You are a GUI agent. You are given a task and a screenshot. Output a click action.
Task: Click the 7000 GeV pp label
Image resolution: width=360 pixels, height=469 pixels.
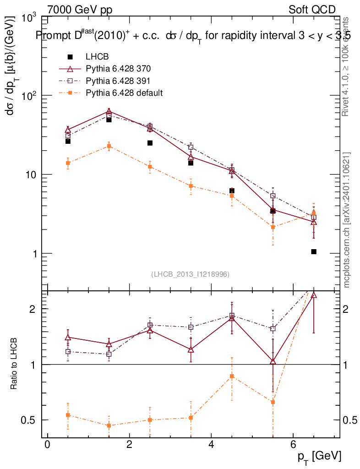click(x=80, y=10)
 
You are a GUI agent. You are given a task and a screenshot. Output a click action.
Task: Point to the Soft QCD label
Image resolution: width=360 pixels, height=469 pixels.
click(x=312, y=10)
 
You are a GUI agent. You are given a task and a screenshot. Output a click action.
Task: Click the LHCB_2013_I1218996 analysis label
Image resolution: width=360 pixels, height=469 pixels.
click(x=190, y=274)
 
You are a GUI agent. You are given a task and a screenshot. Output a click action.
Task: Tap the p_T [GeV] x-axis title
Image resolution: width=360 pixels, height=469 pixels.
click(x=319, y=456)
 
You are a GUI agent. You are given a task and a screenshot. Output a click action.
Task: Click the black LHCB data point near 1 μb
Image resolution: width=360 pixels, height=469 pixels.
click(x=314, y=251)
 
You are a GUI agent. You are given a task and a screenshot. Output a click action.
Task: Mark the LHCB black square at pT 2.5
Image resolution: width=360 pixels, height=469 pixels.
click(x=150, y=143)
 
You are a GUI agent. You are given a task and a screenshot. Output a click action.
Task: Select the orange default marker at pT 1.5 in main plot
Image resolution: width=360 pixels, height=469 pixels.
click(x=109, y=146)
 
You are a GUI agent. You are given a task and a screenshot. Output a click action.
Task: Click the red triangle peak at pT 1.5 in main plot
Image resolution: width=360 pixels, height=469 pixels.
click(x=109, y=111)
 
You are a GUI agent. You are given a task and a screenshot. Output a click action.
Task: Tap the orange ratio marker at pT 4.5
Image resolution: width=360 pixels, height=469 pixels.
click(x=232, y=376)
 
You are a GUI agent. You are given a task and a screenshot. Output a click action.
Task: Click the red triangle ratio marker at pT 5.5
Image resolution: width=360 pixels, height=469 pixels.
click(x=273, y=361)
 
